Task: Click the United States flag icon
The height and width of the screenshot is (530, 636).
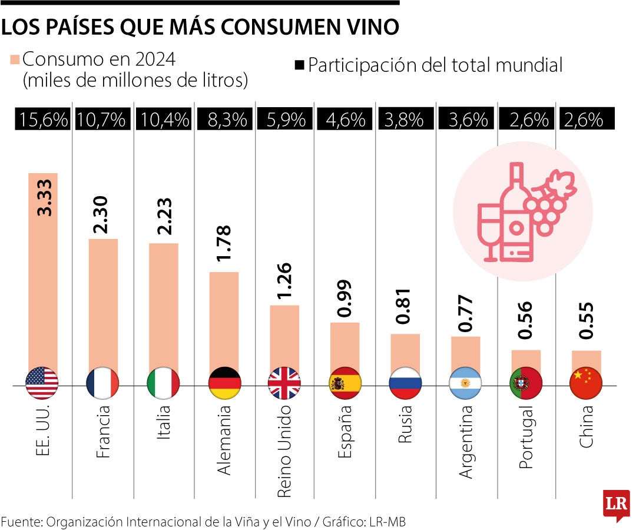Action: tap(42, 383)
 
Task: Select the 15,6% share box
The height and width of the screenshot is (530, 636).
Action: tap(42, 120)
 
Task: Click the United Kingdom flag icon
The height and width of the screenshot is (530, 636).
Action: tap(284, 383)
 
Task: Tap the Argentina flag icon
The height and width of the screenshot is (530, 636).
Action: tap(465, 383)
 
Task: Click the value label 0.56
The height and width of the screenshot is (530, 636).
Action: tap(526, 320)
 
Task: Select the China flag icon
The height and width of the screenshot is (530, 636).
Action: tap(586, 383)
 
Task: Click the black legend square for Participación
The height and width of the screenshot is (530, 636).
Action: tap(299, 65)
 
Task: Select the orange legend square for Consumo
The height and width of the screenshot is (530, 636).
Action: tap(15, 59)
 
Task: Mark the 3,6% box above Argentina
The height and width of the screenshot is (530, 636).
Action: tap(465, 120)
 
